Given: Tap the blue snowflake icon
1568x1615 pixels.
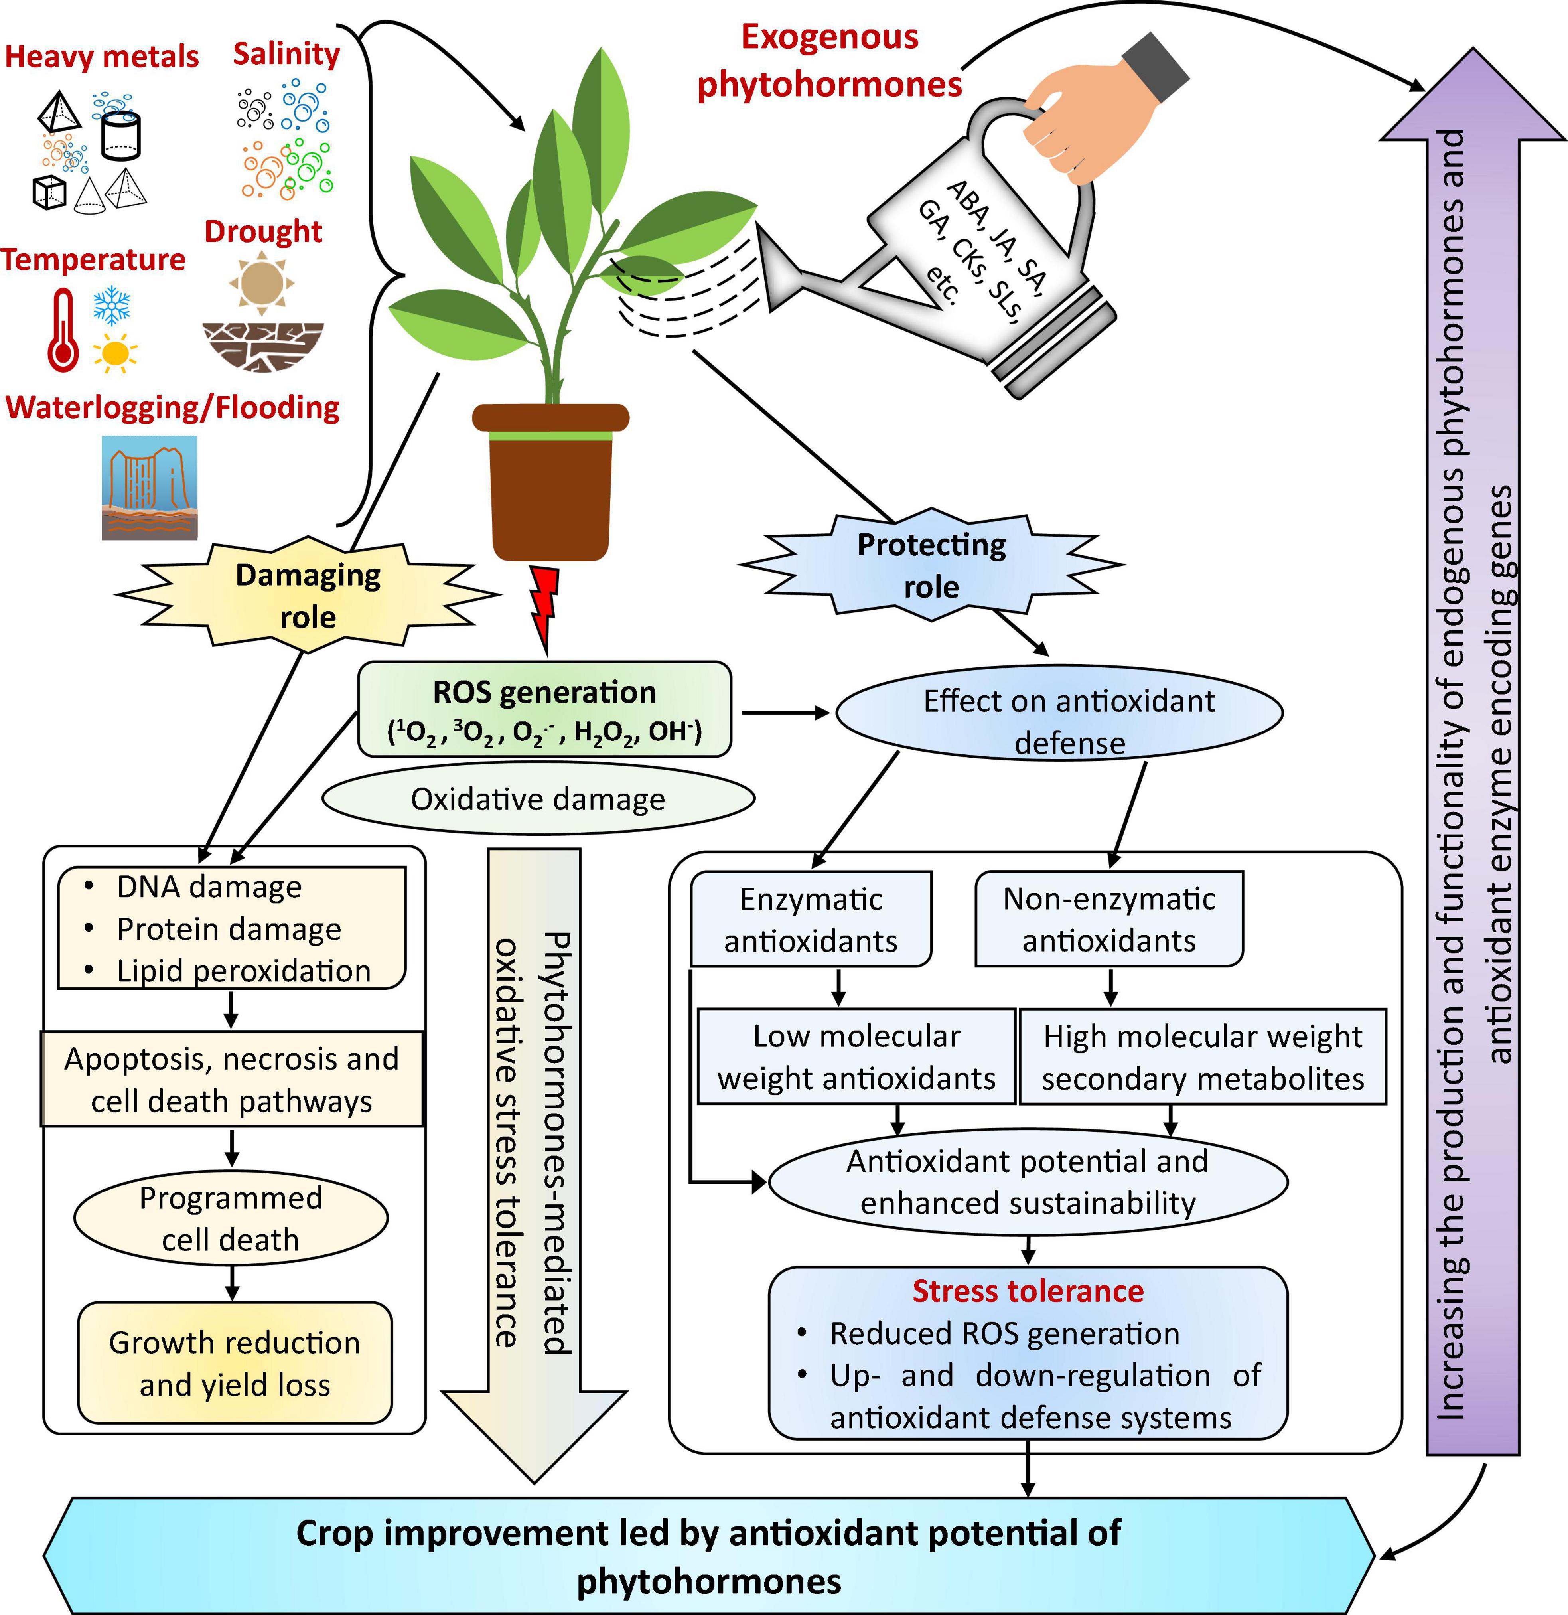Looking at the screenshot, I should coord(111,305).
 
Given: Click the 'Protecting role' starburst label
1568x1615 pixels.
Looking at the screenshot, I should coord(931,565).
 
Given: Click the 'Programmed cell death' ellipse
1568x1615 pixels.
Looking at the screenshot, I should coord(231,1218).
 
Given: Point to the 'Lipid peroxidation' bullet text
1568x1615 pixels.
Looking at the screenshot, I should coord(243,971).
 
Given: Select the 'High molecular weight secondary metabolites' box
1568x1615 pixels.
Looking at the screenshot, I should coord(1202,1057).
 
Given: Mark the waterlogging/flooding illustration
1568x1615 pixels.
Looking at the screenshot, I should coord(149,488).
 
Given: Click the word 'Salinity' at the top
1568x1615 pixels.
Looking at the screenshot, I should coord(286,53).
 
